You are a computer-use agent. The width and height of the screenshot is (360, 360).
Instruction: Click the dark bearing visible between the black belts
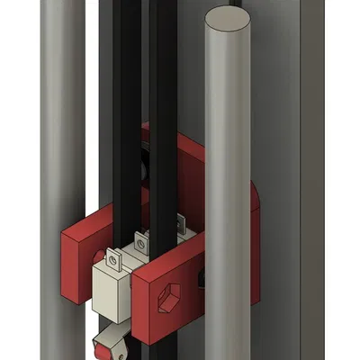(x=145, y=171)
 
